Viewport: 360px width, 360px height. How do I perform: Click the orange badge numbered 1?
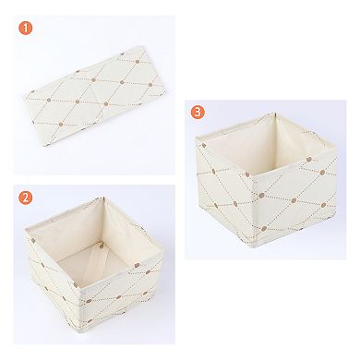pyautogui.click(x=27, y=29)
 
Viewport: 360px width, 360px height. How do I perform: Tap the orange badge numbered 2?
pyautogui.click(x=27, y=197)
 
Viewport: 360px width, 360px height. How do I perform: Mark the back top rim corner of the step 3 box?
pyautogui.click(x=274, y=114)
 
